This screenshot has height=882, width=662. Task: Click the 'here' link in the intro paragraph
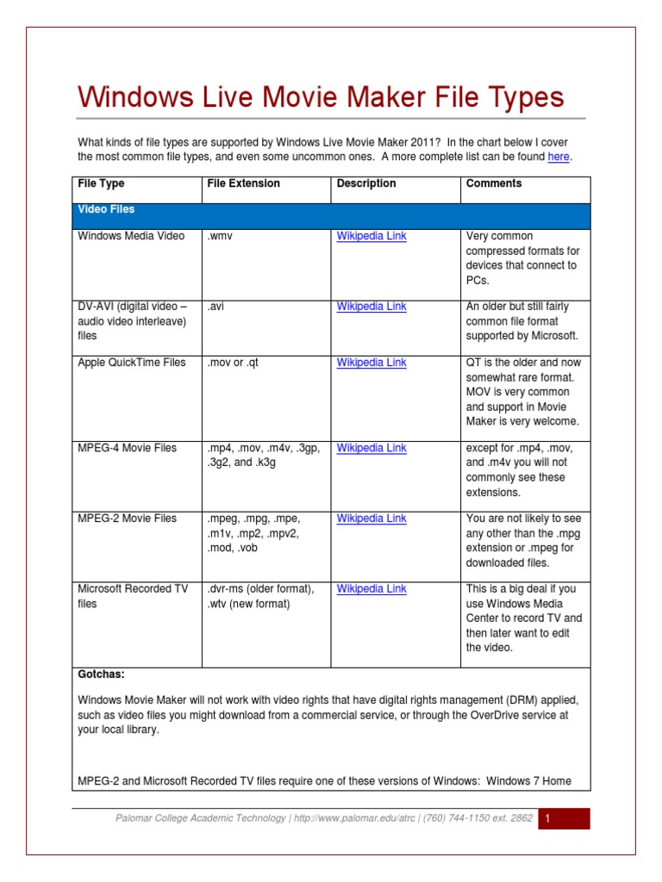pos(559,157)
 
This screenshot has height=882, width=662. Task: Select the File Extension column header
pos(243,183)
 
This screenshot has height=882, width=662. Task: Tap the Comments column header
pos(494,183)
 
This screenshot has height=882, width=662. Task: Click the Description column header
pos(366,183)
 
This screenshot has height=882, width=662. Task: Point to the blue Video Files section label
pos(106,209)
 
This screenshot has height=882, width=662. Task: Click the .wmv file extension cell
pos(220,236)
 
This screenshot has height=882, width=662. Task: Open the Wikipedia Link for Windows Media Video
pos(372,236)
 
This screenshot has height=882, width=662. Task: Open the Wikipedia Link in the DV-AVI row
pos(372,307)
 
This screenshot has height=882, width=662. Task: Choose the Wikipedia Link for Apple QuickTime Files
pos(372,363)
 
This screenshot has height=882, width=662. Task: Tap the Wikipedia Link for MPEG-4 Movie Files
pos(372,448)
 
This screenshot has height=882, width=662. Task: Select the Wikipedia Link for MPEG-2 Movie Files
pos(372,519)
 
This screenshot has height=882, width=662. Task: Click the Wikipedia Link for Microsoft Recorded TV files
pos(372,589)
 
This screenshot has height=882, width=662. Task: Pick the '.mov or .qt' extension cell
pos(233,363)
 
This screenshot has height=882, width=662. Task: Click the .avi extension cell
pos(215,307)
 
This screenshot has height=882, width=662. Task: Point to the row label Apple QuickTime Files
pos(132,363)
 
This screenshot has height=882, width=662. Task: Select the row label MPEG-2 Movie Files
pos(128,519)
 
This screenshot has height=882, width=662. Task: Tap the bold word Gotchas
pos(101,674)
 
